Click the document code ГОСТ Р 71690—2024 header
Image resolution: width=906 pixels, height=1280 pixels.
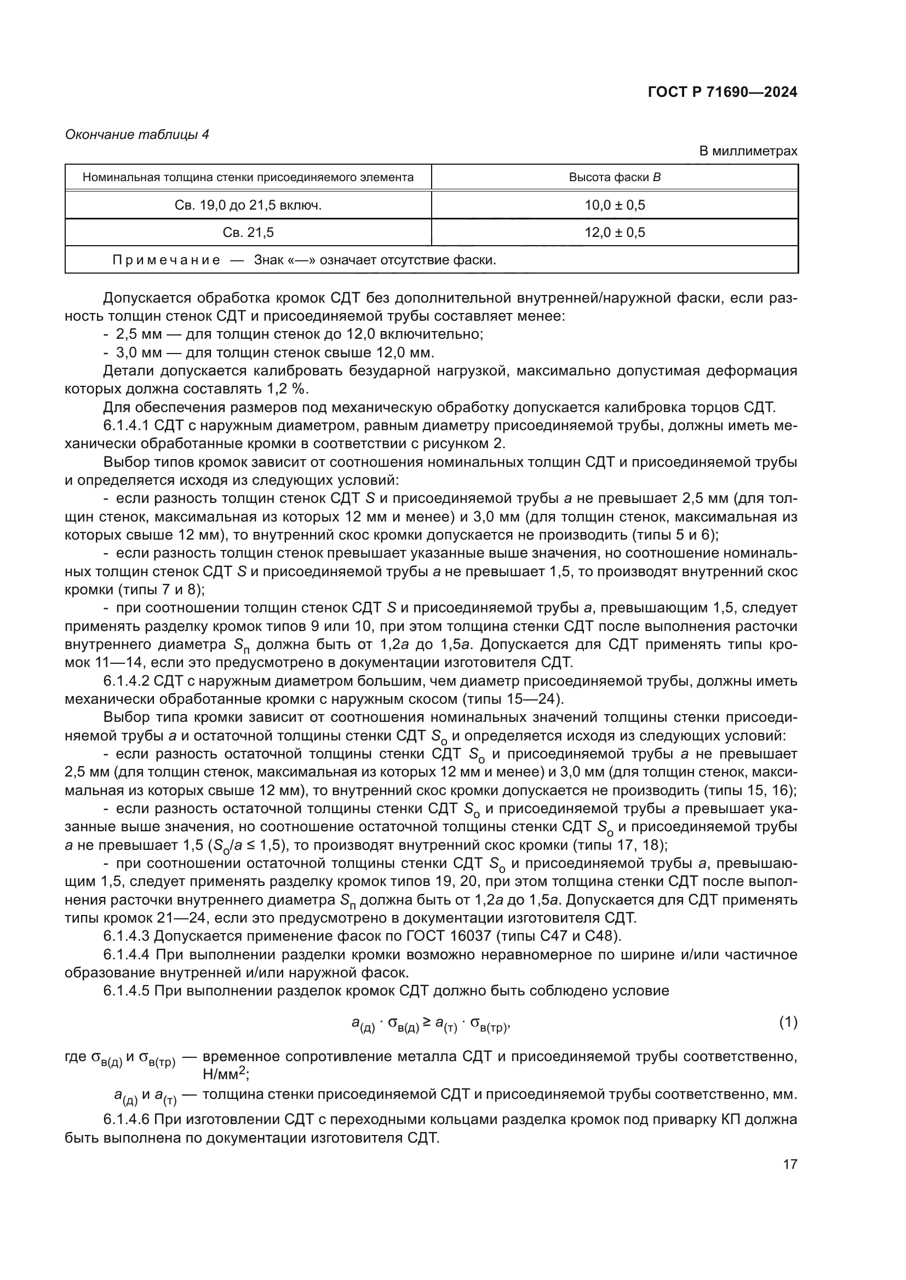coord(722,92)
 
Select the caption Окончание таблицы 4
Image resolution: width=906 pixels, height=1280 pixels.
coord(137,135)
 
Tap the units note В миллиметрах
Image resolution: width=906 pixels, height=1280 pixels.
coord(748,151)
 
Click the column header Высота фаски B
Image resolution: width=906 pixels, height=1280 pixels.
coord(614,177)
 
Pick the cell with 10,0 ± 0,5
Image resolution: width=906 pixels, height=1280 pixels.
coord(614,205)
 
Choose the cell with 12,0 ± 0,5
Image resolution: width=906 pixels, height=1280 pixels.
coord(614,233)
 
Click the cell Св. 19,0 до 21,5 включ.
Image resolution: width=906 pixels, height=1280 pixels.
coord(248,205)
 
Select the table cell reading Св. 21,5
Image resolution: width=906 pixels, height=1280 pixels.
coord(248,233)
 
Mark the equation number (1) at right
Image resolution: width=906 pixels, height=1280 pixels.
coord(788,1022)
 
